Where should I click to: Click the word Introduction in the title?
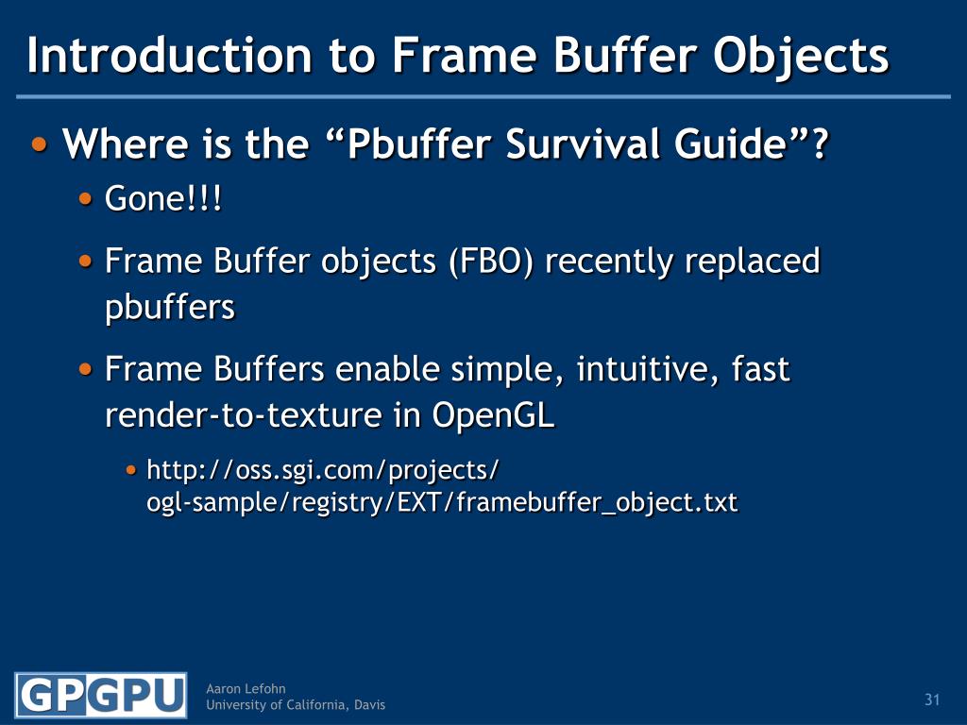pyautogui.click(x=169, y=56)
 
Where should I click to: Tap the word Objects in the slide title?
pyautogui.click(x=800, y=56)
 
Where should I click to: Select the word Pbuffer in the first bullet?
pyautogui.click(x=419, y=145)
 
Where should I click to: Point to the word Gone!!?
pyautogui.click(x=164, y=199)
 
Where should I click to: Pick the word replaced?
pyautogui.click(x=751, y=261)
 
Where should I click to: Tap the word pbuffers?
pyautogui.click(x=169, y=308)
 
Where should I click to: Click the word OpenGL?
pyautogui.click(x=494, y=415)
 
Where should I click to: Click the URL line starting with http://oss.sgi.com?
pyautogui.click(x=322, y=469)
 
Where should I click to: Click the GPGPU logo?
pyautogui.click(x=100, y=697)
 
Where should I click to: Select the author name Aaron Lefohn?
pyautogui.click(x=246, y=689)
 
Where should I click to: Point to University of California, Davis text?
pyautogui.click(x=296, y=705)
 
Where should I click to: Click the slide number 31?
pyautogui.click(x=932, y=700)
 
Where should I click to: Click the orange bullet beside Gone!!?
pyautogui.click(x=86, y=198)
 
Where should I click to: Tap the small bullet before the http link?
pyautogui.click(x=131, y=468)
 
